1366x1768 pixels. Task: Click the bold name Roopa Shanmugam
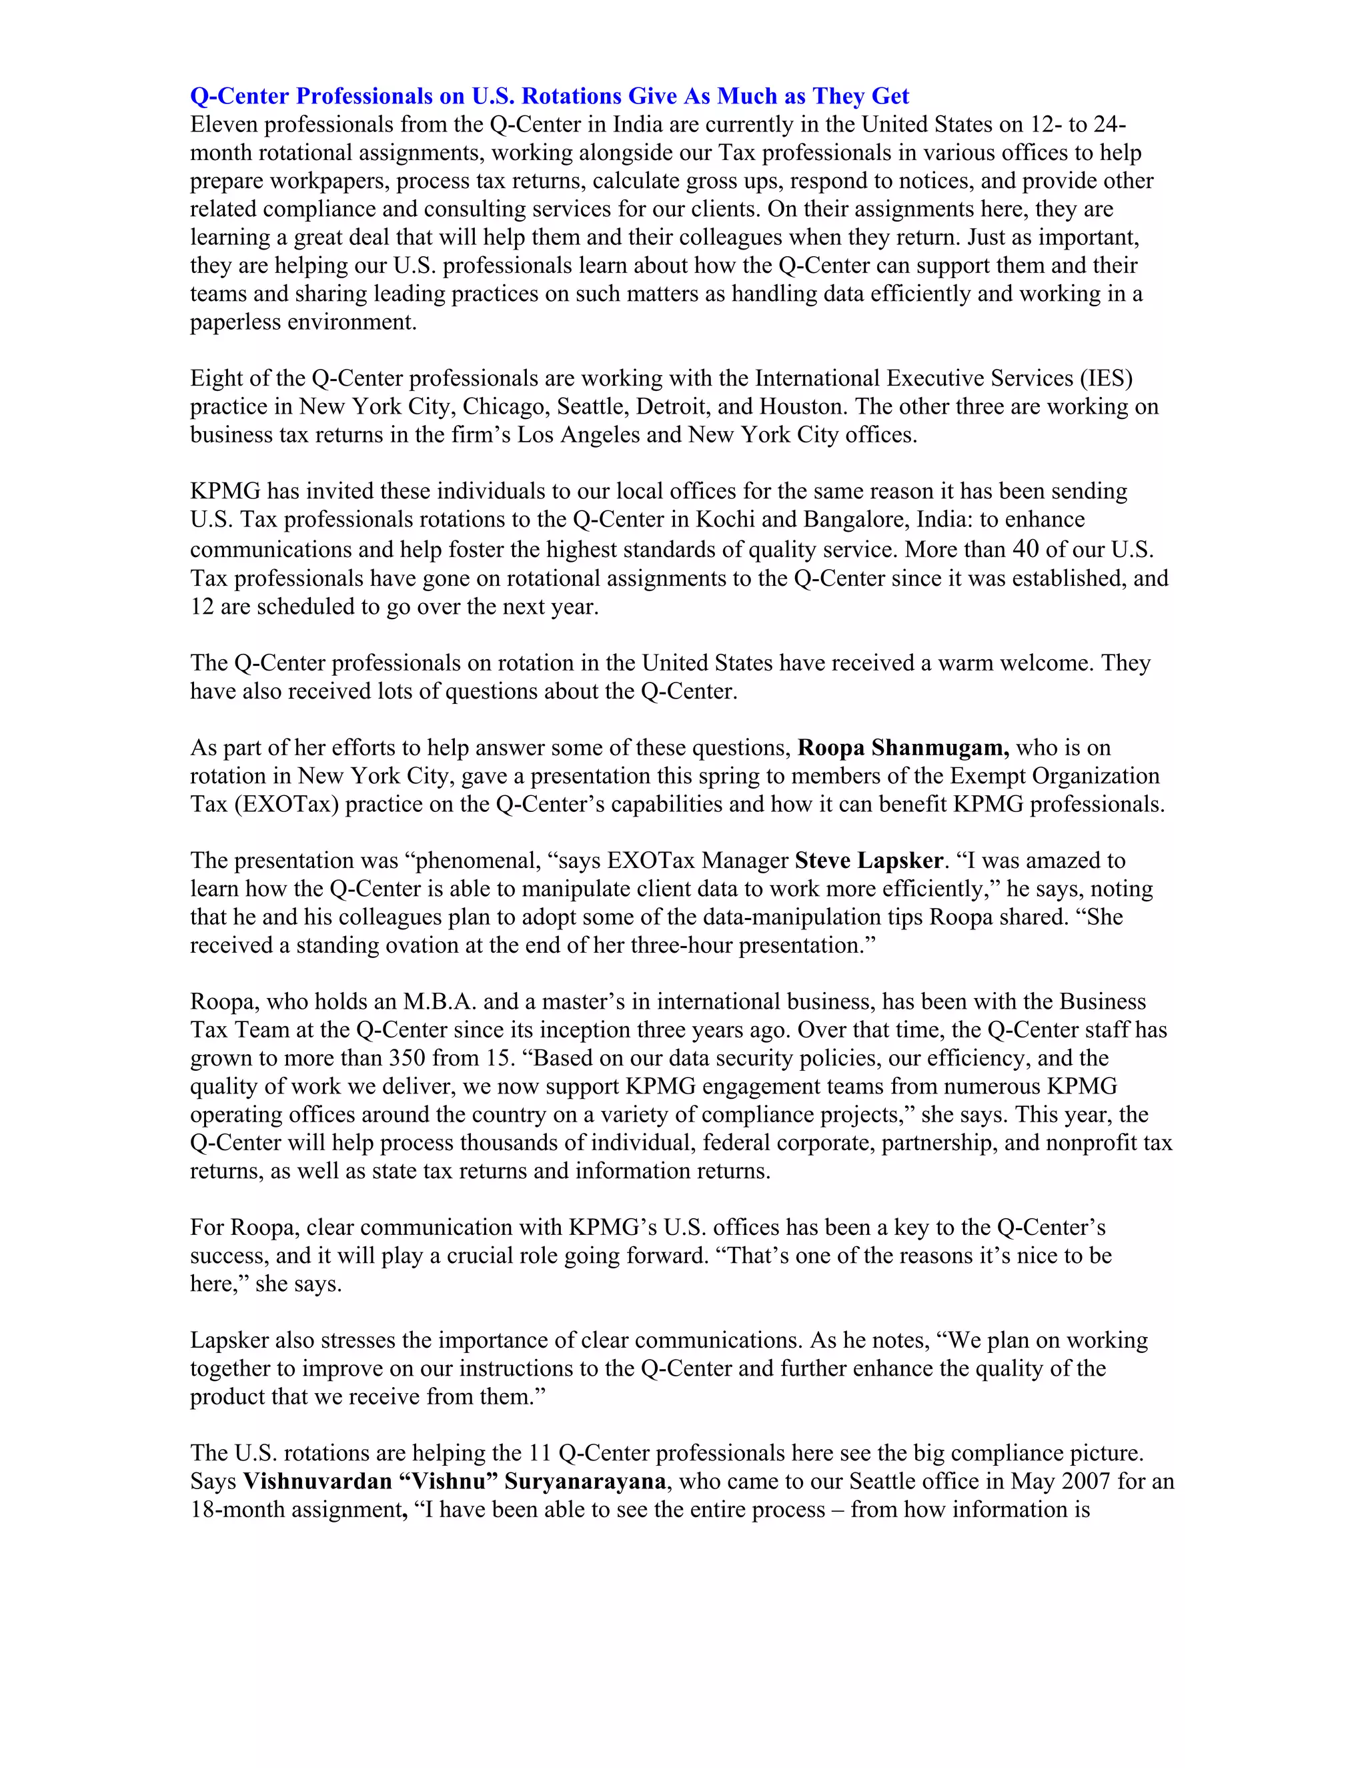point(902,747)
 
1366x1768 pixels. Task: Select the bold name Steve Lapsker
point(869,861)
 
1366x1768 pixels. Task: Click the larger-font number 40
point(1025,549)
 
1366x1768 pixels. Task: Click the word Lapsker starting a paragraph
point(229,1340)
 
